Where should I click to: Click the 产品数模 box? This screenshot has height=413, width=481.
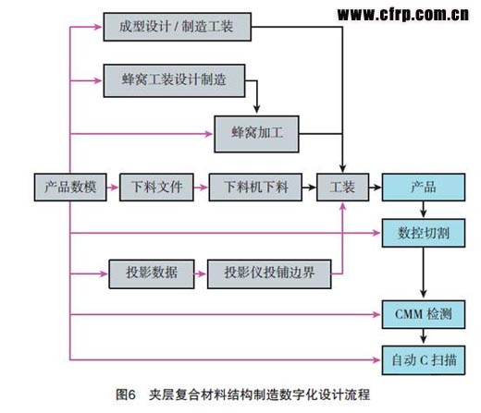click(x=70, y=188)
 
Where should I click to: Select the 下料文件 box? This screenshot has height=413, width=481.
click(x=156, y=188)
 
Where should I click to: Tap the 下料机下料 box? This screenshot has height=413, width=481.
click(x=255, y=188)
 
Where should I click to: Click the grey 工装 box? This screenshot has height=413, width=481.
click(x=342, y=188)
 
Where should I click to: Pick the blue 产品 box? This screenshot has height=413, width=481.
click(x=424, y=188)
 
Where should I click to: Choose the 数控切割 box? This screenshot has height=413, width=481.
click(x=424, y=233)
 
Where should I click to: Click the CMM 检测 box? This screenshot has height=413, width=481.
click(x=424, y=314)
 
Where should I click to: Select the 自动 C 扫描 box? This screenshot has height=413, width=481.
click(x=424, y=360)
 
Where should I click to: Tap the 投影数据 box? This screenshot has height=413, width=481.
click(x=152, y=273)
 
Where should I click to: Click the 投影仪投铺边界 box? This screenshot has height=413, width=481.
click(x=269, y=273)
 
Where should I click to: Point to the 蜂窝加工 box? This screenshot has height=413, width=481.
click(x=256, y=134)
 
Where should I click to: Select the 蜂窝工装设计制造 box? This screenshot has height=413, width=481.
click(x=174, y=80)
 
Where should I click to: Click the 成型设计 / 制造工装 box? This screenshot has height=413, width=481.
click(x=178, y=27)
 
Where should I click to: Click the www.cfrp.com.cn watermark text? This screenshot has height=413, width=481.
click(x=403, y=15)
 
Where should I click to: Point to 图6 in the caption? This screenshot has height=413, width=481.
click(x=126, y=395)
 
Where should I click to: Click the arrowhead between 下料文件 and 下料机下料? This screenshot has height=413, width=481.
click(x=203, y=188)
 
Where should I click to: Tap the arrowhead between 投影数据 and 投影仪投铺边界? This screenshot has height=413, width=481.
click(x=203, y=273)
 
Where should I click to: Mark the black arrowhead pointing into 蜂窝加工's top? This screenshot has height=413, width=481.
click(x=256, y=109)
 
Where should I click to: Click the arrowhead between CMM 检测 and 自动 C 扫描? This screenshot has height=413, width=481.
click(x=424, y=339)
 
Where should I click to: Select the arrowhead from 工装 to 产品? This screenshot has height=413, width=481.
click(x=377, y=188)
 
